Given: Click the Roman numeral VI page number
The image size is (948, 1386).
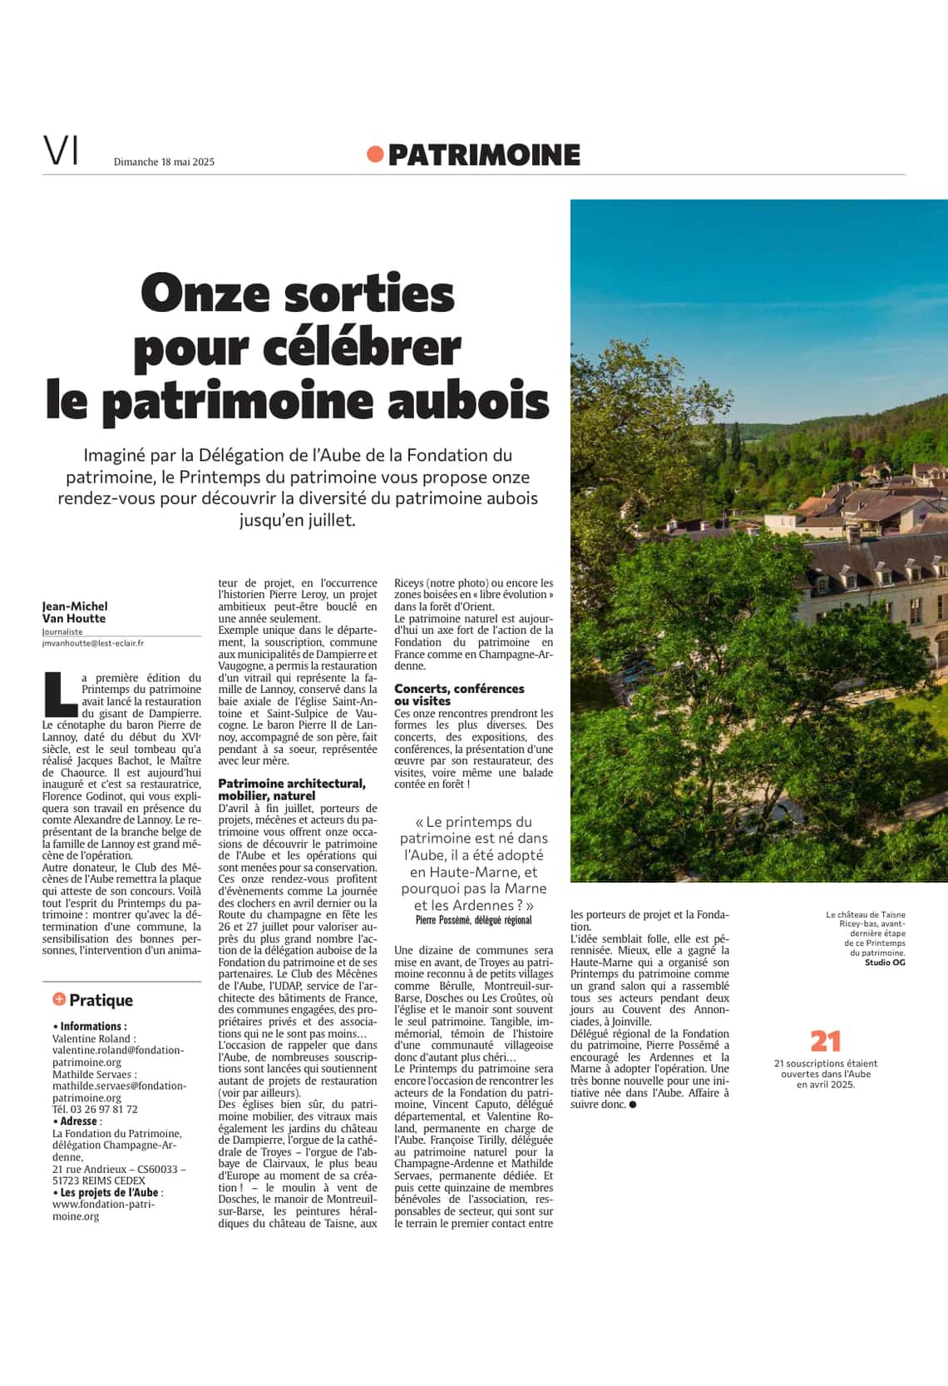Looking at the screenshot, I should pos(61,151).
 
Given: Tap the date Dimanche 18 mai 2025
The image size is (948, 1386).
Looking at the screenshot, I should pos(164,161).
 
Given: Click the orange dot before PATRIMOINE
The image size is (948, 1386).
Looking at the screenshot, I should pos(375,154).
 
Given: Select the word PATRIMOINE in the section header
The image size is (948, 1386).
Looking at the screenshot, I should pos(483,155).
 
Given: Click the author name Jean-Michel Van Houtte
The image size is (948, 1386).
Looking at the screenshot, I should pos(75,612).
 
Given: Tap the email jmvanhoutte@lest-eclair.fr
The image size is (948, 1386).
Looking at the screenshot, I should pos(93,643).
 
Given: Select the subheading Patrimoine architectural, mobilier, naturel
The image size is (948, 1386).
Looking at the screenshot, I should pos(292,790).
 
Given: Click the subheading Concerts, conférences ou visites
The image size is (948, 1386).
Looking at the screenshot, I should pos(459,695).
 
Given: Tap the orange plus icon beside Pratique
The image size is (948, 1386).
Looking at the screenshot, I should pos(59,999).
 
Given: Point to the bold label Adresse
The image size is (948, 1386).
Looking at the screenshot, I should pos(79,1121).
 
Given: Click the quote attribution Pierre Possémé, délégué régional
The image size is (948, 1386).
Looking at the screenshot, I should pos(473,920).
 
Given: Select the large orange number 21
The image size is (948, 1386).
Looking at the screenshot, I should pos(826,1041).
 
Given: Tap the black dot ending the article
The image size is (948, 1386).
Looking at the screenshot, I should pos(633,1105).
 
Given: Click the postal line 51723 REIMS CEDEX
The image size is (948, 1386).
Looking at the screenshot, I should pos(99,1181).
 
